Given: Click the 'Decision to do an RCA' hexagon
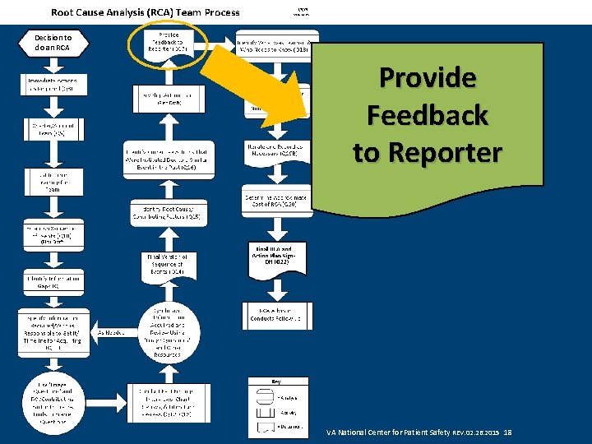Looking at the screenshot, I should tap(53, 43).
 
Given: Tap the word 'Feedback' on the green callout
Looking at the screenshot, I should tap(427, 115).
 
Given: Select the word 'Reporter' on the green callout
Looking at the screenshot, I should tap(427, 152).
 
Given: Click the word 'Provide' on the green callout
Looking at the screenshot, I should tap(427, 78).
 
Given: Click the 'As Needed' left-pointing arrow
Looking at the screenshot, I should tap(112, 332).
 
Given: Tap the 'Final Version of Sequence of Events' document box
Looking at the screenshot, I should tap(167, 267).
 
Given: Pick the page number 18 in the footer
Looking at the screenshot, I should tap(507, 432).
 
